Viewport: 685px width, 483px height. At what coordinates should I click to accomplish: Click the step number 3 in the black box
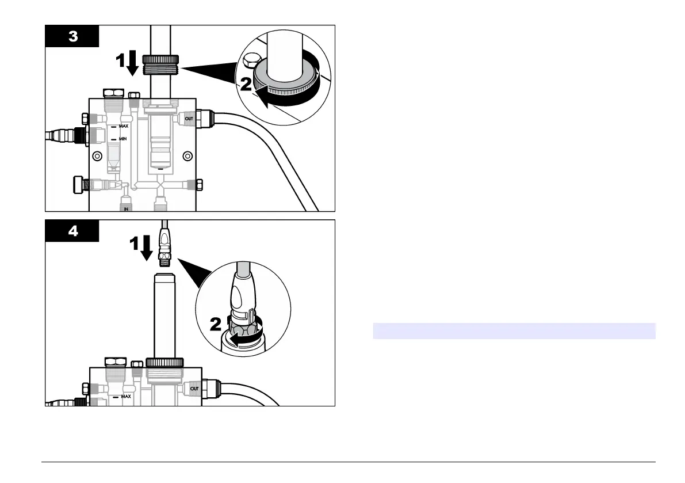(73, 36)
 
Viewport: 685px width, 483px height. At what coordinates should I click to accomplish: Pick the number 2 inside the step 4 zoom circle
(216, 325)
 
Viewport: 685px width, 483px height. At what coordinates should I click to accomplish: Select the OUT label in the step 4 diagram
(195, 390)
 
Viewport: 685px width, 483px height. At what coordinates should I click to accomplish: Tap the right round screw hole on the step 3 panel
(187, 155)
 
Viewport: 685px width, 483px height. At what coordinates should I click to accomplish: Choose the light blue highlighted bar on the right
(514, 331)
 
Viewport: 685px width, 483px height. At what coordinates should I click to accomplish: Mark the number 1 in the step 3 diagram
(120, 61)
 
